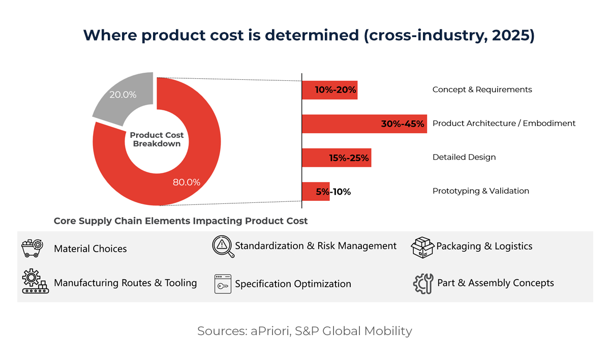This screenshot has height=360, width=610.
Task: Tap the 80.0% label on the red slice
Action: [x=187, y=182]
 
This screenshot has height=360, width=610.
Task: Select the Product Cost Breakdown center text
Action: [x=157, y=139]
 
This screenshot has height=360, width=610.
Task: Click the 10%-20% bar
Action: [x=330, y=90]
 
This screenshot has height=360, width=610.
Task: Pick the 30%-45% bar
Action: [x=364, y=124]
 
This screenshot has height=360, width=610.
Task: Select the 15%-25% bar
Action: [x=337, y=158]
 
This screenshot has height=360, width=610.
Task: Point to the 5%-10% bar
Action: [x=316, y=192]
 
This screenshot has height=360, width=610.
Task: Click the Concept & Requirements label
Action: [x=482, y=89]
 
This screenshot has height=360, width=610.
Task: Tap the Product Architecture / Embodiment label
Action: [x=504, y=123]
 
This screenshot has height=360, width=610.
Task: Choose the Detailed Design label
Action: [x=464, y=157]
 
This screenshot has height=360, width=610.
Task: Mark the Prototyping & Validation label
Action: [x=480, y=191]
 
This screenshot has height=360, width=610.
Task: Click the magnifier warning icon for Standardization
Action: [x=223, y=247]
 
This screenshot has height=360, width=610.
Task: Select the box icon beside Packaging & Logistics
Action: [x=422, y=247]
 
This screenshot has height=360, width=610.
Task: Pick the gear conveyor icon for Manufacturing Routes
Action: [x=35, y=282]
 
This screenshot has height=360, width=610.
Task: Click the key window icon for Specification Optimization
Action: [x=223, y=284]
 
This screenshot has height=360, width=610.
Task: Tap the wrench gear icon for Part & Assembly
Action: [x=423, y=283]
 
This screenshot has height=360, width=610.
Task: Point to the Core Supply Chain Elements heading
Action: [x=180, y=221]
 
